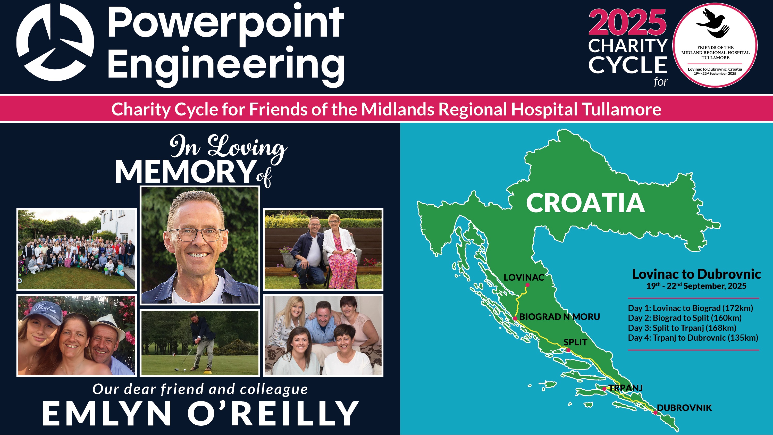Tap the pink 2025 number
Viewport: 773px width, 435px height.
[627, 22]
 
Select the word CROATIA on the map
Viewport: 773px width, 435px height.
[585, 203]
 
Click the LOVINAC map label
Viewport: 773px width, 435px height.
[524, 277]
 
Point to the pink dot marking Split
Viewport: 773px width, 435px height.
[568, 350]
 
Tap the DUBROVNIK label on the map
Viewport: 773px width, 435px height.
[684, 408]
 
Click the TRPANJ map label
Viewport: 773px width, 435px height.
[626, 388]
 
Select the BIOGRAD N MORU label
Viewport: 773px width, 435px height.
[560, 316]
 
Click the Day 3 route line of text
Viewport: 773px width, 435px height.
[682, 328]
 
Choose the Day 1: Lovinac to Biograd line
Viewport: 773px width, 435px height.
[691, 308]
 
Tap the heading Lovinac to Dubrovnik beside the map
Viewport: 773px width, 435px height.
[696, 274]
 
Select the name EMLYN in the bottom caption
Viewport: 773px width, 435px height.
[106, 413]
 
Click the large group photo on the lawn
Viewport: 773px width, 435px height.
[77, 249]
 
